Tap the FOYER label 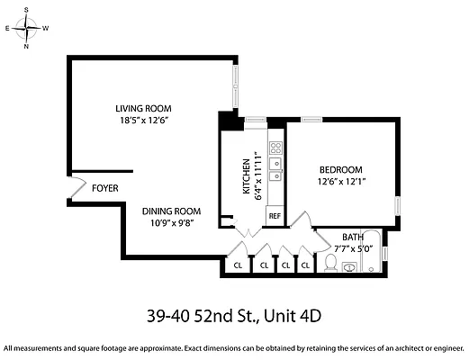[x=106, y=188]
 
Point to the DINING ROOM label [x=169, y=211]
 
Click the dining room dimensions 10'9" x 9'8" [x=169, y=222]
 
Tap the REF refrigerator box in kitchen [x=275, y=216]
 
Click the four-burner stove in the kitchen [x=276, y=146]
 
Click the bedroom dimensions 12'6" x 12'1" [x=341, y=182]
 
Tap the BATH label [x=353, y=237]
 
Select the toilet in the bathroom [x=330, y=264]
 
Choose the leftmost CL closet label [x=238, y=265]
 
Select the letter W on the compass [x=46, y=28]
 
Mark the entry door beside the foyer [x=65, y=188]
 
